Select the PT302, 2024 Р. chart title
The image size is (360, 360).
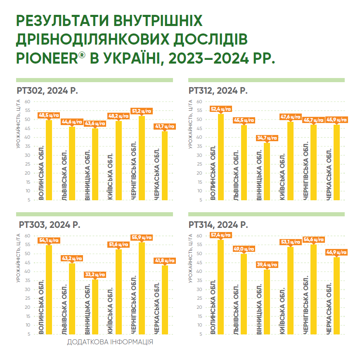click(47, 91)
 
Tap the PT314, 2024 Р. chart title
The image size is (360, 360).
click(218, 225)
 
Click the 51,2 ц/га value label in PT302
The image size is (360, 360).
click(142, 111)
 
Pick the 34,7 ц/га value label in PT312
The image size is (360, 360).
click(267, 138)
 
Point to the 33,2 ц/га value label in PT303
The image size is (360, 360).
click(95, 275)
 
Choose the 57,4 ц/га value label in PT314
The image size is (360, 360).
click(220, 235)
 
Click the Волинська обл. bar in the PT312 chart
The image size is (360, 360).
click(221, 157)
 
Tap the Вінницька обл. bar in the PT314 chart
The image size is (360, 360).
click(267, 302)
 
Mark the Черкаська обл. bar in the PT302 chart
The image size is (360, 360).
click(165, 166)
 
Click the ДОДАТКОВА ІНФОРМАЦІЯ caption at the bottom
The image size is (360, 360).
click(110, 342)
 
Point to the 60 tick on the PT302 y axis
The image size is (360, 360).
click(27, 102)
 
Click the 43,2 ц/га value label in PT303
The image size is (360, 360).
click(72, 258)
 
